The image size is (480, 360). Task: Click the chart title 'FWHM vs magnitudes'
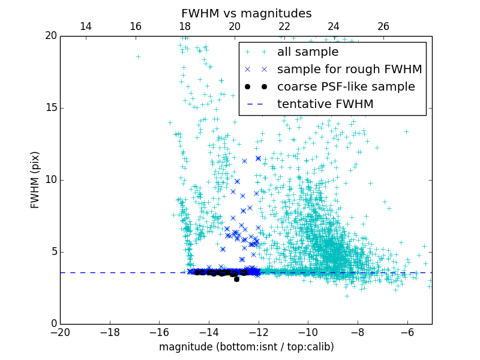(x=246, y=13)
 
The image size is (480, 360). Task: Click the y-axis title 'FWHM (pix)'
(x=35, y=180)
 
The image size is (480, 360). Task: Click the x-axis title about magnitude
(x=246, y=347)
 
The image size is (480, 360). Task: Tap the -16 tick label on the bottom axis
(x=159, y=332)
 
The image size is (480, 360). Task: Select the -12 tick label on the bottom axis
(x=259, y=332)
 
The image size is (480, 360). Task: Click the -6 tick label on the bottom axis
(x=407, y=332)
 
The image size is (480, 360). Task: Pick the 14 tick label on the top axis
(x=85, y=26)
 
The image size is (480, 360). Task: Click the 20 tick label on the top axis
(x=234, y=26)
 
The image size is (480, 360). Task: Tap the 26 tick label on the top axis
(x=383, y=26)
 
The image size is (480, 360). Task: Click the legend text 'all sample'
(x=308, y=52)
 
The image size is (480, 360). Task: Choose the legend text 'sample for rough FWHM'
(x=349, y=70)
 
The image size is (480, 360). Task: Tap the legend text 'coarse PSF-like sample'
(x=346, y=87)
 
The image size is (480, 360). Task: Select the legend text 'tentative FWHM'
(x=325, y=104)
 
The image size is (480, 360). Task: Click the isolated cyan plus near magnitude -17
(x=138, y=56)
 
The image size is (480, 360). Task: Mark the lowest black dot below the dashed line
(x=236, y=279)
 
